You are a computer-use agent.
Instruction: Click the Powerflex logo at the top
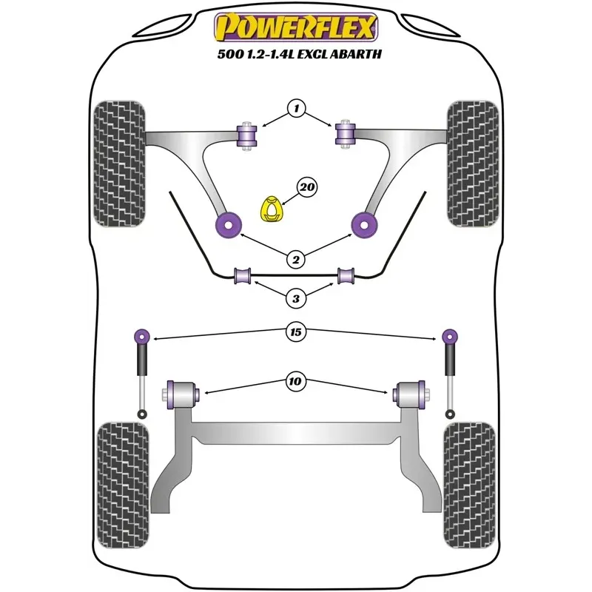click(296, 27)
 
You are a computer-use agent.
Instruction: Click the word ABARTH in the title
click(356, 54)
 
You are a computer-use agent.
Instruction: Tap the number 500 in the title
click(227, 54)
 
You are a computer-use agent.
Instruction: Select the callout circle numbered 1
click(297, 108)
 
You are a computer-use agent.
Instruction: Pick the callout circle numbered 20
click(307, 187)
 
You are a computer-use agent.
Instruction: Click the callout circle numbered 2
click(295, 260)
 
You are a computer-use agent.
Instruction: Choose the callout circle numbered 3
click(295, 299)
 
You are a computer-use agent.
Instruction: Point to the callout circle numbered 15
click(296, 332)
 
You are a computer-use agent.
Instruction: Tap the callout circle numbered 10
click(295, 381)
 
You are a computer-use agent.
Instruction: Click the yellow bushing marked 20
click(272, 209)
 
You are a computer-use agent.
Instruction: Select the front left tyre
click(119, 164)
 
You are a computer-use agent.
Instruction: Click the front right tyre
click(473, 164)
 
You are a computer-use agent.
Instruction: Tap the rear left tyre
click(123, 485)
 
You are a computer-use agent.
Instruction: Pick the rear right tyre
click(469, 485)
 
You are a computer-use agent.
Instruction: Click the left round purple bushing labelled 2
click(229, 225)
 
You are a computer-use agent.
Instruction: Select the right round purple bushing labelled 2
click(364, 225)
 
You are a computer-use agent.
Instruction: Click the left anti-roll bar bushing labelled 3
click(243, 275)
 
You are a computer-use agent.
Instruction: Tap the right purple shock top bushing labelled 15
click(450, 336)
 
